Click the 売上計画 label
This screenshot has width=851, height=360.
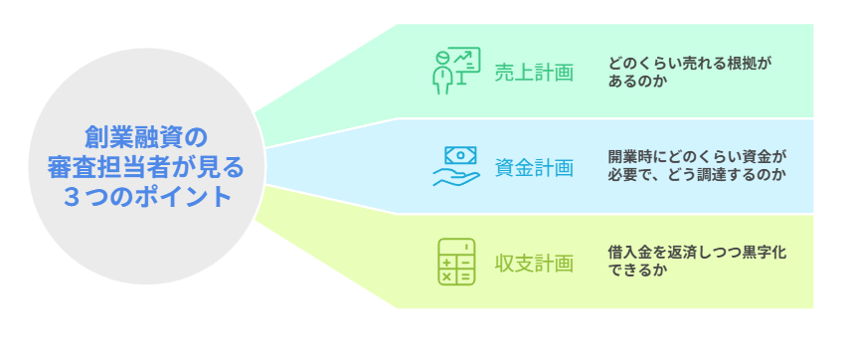point(534,72)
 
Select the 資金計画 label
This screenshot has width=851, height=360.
point(534,167)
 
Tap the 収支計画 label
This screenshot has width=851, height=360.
point(534,264)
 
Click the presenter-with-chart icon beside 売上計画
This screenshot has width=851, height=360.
point(455,71)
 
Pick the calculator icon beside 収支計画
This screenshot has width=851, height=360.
point(456,263)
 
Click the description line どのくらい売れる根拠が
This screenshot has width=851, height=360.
point(690,63)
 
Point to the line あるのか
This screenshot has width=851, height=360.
point(636,82)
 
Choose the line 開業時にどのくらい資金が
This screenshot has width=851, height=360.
point(697,157)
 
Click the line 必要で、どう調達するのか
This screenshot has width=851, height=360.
point(697,176)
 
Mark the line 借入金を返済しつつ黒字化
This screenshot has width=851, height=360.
point(697,254)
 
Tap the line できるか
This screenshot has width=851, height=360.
point(636,272)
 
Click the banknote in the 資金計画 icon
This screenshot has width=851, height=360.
point(460,155)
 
